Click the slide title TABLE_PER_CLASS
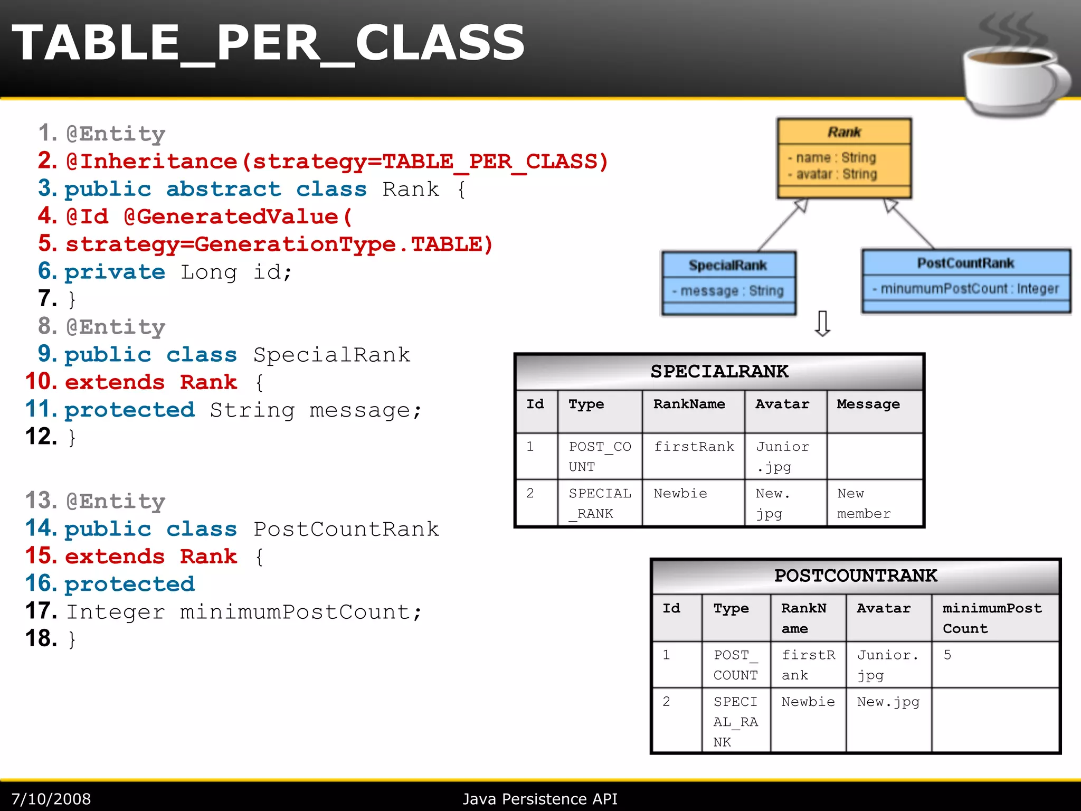coord(268,43)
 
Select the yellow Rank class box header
coord(843,131)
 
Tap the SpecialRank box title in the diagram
coord(727,265)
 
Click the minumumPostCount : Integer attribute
coord(966,289)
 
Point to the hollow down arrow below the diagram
coord(822,324)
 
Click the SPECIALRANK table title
coord(719,372)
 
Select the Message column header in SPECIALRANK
coord(868,404)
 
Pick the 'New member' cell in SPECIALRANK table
coord(864,503)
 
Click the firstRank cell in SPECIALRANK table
coord(694,447)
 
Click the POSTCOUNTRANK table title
coord(855,576)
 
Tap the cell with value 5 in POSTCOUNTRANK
coord(947,655)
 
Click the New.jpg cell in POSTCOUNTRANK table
coord(888,702)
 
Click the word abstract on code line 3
coord(224,189)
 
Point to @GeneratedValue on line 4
coord(238,217)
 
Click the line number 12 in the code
coord(41,437)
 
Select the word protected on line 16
coord(130,584)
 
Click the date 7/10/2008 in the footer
coord(51,799)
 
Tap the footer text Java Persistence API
coord(539,799)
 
